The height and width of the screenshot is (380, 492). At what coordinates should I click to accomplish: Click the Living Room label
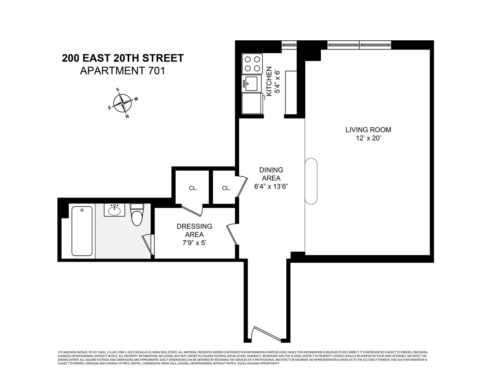point(368,130)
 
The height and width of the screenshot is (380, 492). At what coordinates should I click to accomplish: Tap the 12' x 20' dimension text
point(368,139)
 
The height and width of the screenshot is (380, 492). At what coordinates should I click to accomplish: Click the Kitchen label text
point(269,81)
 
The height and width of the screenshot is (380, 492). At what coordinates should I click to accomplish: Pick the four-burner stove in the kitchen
point(252,64)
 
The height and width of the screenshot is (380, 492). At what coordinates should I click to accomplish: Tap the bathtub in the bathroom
point(82,231)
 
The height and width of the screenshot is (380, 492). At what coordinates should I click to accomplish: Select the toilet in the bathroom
point(136,215)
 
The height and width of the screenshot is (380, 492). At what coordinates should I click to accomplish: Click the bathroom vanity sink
point(114,210)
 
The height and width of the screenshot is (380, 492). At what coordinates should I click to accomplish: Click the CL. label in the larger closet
point(193,188)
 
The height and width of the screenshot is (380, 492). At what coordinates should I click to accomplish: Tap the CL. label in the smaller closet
point(226,188)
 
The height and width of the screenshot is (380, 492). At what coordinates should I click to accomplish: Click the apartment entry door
point(267,334)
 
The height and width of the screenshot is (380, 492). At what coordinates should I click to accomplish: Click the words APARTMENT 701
point(122,71)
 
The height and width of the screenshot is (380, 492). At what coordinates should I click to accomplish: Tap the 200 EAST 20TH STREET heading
point(122,58)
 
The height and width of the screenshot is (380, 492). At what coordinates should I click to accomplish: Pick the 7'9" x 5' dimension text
point(194,243)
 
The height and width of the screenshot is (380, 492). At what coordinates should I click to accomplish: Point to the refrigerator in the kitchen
point(252,103)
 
